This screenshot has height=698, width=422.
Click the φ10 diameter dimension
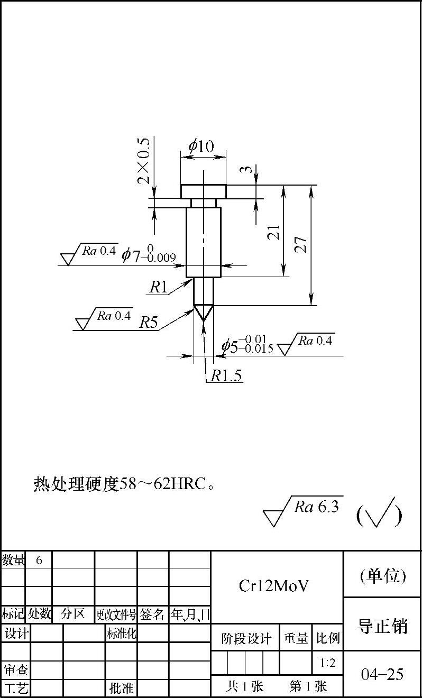click(201, 145)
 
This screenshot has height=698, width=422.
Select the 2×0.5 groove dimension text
click(144, 160)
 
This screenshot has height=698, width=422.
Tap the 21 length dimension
click(274, 232)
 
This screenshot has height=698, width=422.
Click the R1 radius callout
click(158, 287)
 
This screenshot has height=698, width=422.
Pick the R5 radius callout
click(149, 323)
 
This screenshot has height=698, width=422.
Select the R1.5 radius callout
click(226, 376)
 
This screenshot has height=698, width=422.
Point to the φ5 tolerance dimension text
click(247, 345)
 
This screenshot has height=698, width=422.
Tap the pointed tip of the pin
click(204, 318)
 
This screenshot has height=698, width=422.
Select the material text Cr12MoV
click(273, 586)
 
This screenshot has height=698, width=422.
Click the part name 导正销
click(383, 626)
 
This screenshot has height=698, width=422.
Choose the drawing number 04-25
click(382, 674)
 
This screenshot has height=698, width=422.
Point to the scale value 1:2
click(327, 662)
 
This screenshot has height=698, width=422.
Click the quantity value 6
click(39, 560)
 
